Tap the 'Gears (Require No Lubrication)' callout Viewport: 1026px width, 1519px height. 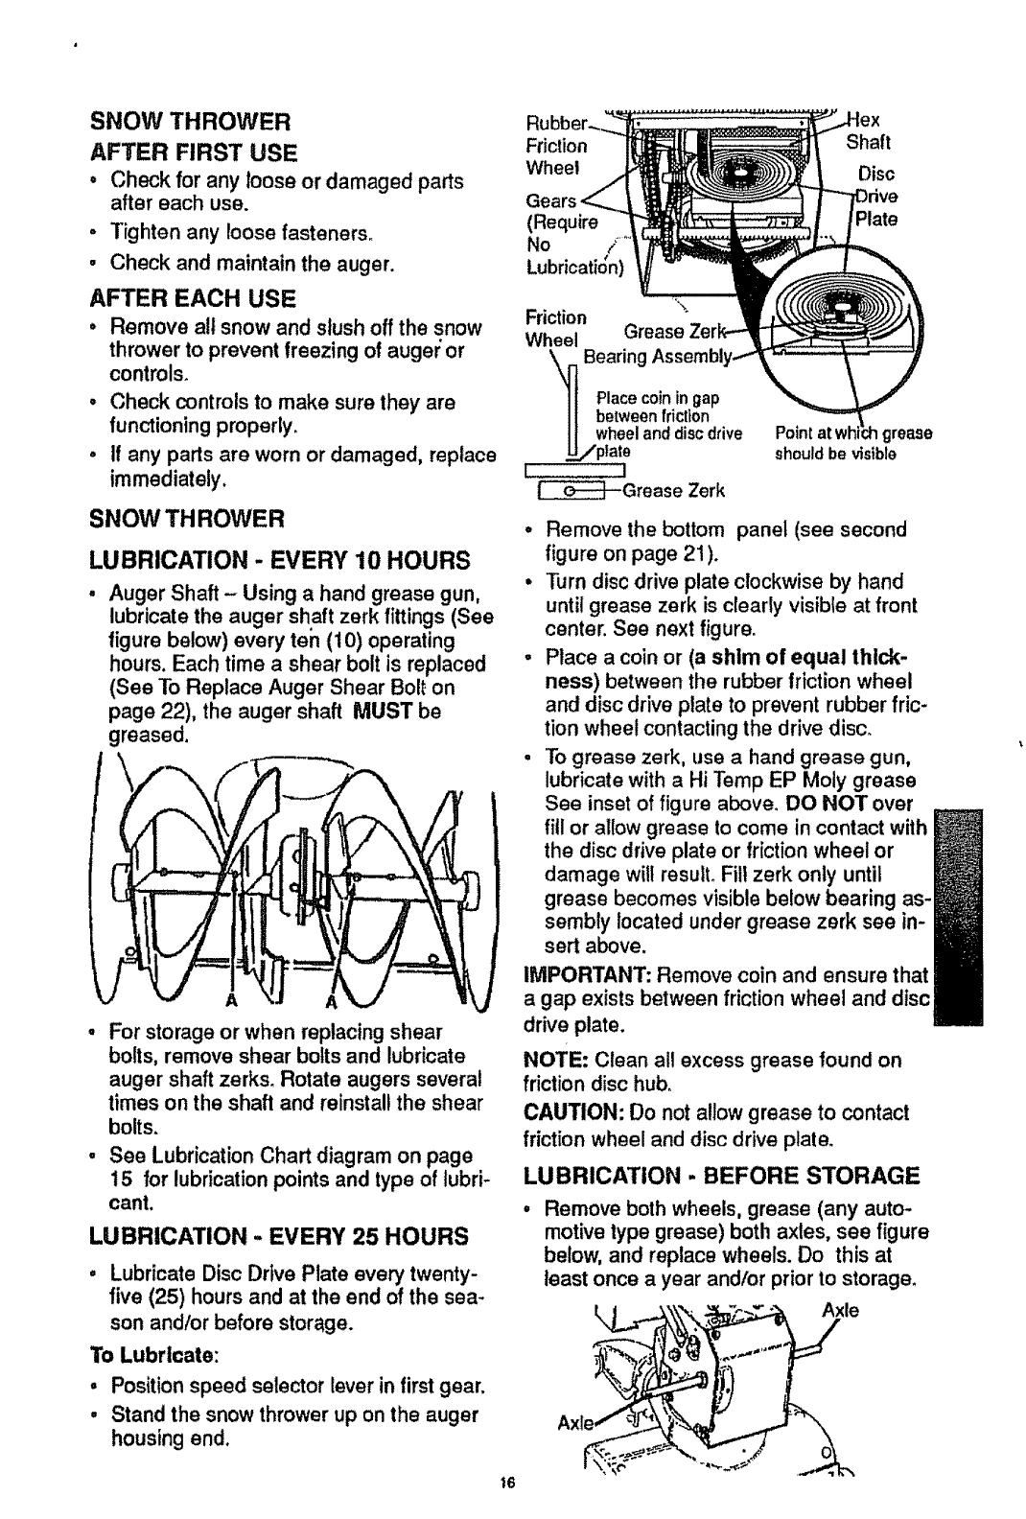573,235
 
